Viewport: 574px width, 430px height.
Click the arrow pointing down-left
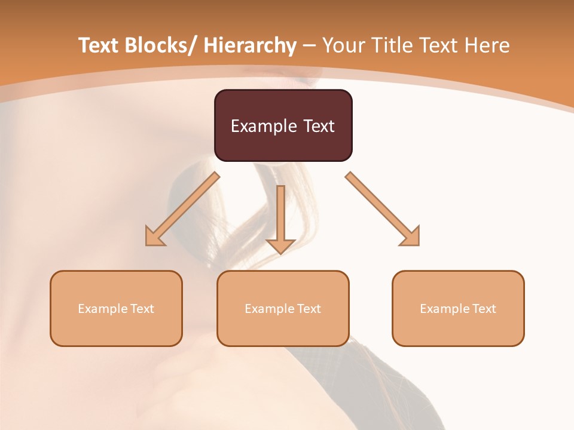point(182,209)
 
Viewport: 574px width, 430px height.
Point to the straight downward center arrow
point(280,218)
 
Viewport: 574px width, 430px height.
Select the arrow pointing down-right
point(383,209)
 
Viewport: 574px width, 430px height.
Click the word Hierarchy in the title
point(250,45)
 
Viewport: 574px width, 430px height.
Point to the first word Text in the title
point(99,45)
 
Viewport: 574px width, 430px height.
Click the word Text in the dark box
point(318,126)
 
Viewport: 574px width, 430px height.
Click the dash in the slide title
point(309,45)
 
